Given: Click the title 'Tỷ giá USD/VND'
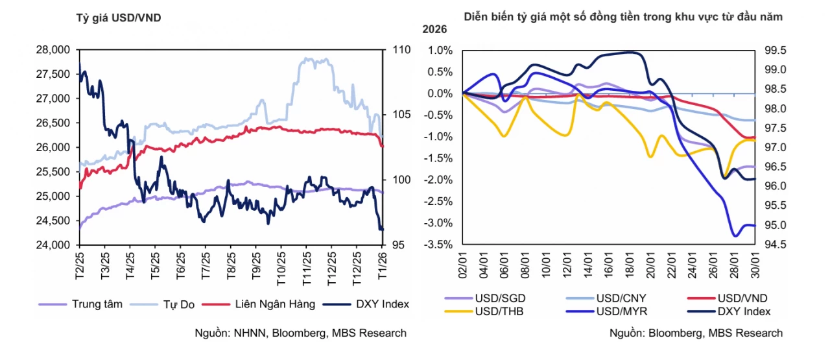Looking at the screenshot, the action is (119, 18).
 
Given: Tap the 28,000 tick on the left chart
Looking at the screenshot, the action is (53, 50).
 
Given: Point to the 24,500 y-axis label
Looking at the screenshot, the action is (53, 221).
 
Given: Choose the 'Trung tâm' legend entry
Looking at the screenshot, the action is (80, 304).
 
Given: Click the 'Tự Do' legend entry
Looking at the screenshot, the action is (162, 304).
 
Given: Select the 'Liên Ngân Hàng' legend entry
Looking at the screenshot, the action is (259, 304).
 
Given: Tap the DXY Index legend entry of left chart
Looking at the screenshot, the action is (366, 304).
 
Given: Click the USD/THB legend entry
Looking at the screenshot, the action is (484, 311).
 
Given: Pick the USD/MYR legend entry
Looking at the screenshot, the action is (606, 311).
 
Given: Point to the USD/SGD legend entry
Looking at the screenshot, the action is (485, 298).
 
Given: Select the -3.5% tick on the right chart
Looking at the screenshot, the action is (438, 245).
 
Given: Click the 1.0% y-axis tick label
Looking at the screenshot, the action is (440, 51).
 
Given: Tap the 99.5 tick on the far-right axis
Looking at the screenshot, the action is (775, 51).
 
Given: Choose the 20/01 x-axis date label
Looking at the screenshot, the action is (650, 265).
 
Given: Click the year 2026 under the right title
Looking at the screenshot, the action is (434, 29).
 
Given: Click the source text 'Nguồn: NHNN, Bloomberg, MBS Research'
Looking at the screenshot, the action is (300, 333).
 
